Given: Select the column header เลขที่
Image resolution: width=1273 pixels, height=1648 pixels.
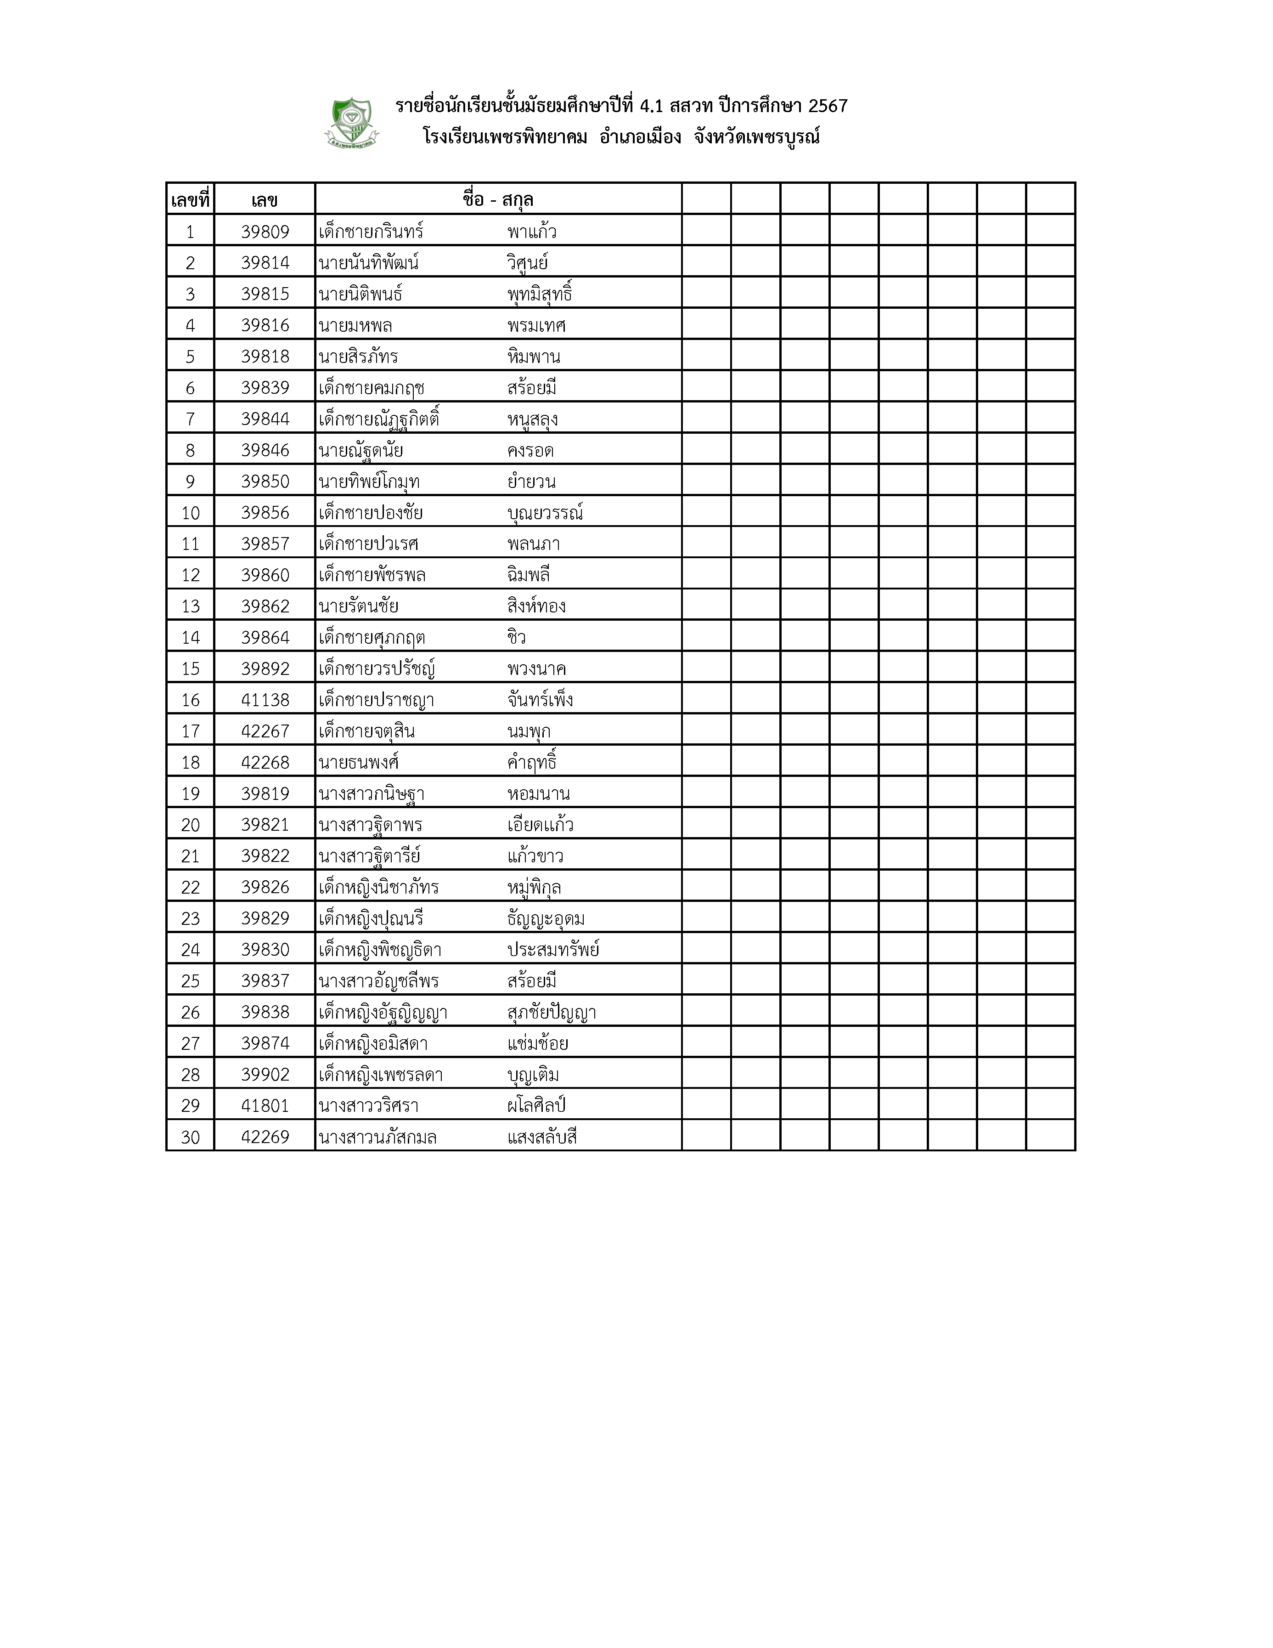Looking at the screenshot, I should click(x=190, y=200).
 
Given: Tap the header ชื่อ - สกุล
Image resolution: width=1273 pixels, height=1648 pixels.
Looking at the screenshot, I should click(x=498, y=200).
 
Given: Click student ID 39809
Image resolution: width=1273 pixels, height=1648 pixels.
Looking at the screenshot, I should click(x=265, y=232).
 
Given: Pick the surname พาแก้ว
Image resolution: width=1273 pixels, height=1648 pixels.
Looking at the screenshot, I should click(x=532, y=232).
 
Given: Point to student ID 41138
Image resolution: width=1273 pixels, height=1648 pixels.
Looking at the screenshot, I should click(x=265, y=700).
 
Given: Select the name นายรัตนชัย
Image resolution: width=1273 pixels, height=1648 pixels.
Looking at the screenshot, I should click(x=358, y=606).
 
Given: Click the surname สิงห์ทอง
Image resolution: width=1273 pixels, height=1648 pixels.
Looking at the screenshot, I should click(x=536, y=606).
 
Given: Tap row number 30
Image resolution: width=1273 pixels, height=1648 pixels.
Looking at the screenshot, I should click(x=190, y=1137).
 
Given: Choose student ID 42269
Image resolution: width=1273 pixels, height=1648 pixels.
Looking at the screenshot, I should click(x=265, y=1137).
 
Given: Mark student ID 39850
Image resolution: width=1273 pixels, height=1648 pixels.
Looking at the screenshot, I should click(x=265, y=481).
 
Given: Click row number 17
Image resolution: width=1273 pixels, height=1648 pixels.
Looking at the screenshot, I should click(x=190, y=731).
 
